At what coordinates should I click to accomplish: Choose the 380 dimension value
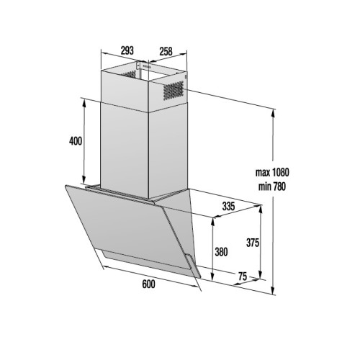click(x=222, y=253)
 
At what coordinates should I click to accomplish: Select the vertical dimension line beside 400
click(x=85, y=140)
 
